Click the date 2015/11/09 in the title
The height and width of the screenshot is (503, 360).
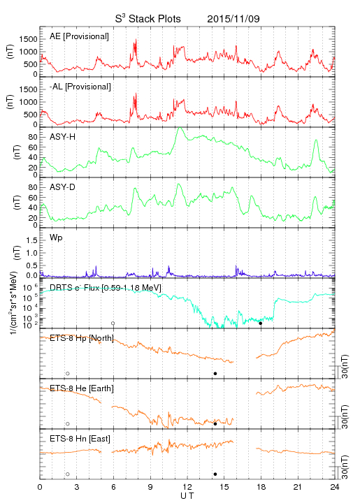click(233, 19)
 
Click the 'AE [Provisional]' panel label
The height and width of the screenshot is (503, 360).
click(79, 36)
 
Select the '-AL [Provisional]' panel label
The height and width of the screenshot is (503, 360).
click(80, 87)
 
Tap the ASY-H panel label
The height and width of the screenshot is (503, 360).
click(63, 137)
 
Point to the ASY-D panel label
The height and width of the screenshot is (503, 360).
click(63, 187)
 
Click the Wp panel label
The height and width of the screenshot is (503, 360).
click(56, 238)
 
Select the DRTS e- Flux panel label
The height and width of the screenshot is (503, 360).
click(106, 288)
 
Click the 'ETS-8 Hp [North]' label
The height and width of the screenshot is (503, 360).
click(82, 338)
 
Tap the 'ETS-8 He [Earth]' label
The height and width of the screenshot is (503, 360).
click(82, 388)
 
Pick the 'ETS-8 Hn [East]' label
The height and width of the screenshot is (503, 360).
click(80, 439)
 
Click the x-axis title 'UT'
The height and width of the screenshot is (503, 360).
click(187, 495)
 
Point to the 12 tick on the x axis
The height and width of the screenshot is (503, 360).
click(187, 487)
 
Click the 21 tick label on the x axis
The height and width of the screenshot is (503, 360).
click(298, 487)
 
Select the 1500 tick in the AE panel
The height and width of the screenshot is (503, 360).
click(29, 39)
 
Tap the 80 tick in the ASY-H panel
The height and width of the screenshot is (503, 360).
click(33, 138)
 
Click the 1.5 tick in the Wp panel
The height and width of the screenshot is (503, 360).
click(31, 240)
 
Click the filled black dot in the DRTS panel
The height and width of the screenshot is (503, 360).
click(261, 323)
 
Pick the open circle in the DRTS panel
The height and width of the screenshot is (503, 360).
click(113, 323)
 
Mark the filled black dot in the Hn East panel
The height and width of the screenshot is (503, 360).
click(215, 474)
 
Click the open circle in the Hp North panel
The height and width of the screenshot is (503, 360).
click(68, 373)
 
